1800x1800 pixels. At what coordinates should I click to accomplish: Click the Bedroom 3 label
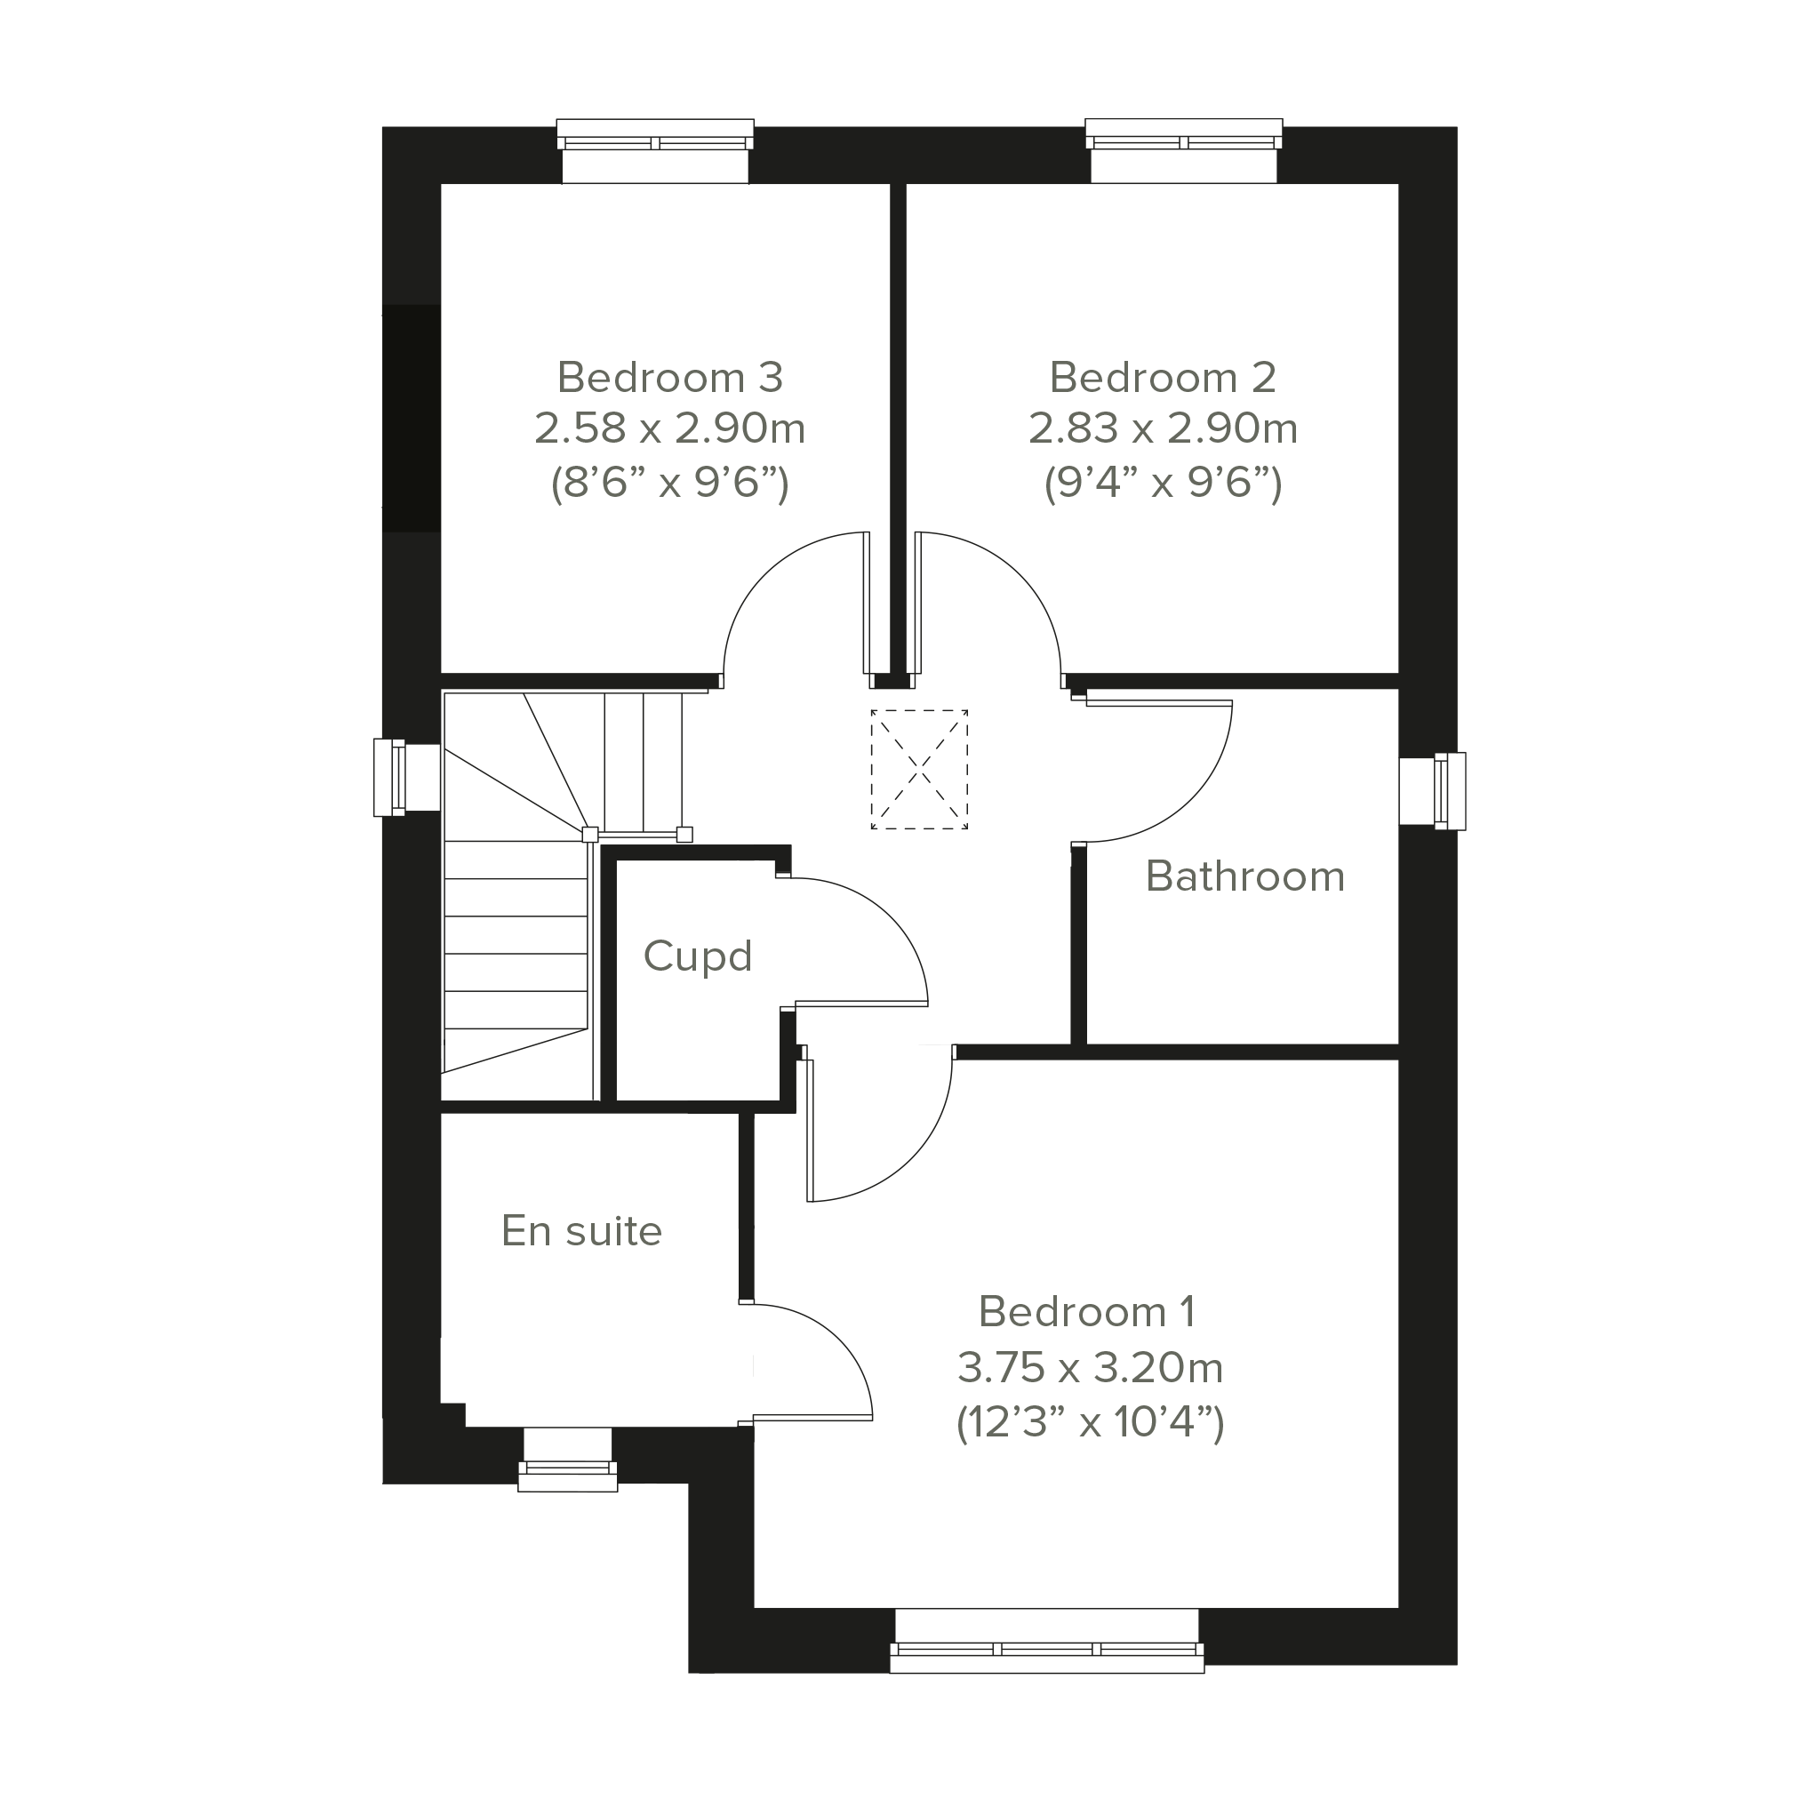click(x=670, y=377)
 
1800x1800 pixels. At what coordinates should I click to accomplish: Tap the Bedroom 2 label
click(x=1163, y=377)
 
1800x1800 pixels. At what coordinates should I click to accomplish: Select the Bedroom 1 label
click(x=1087, y=1312)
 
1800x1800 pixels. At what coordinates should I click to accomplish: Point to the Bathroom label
click(x=1244, y=876)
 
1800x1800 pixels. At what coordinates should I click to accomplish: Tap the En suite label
click(x=581, y=1232)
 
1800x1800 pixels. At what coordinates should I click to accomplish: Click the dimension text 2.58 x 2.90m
click(x=670, y=428)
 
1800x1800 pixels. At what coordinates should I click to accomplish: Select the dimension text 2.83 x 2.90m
click(x=1163, y=428)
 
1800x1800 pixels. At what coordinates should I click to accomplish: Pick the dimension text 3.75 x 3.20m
click(x=1089, y=1368)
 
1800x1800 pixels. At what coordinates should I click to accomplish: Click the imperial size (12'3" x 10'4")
click(x=1090, y=1423)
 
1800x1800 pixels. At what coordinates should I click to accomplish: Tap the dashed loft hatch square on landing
click(x=918, y=770)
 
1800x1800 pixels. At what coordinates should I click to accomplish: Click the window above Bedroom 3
click(x=655, y=150)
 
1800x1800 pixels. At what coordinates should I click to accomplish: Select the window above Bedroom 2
click(x=1184, y=150)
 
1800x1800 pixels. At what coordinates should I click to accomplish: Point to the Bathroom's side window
click(x=1432, y=791)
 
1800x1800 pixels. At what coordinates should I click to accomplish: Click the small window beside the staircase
click(x=407, y=778)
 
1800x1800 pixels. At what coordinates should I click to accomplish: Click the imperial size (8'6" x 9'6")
click(x=670, y=483)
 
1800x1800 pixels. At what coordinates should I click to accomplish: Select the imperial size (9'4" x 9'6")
click(x=1163, y=483)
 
